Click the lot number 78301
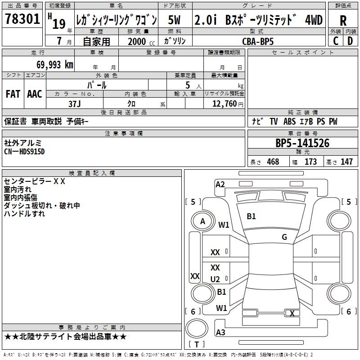pos(22,20)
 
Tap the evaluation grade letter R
pos(343,20)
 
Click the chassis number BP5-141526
pos(302,144)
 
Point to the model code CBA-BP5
pos(257,41)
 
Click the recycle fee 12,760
pos(224,103)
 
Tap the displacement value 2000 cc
pos(140,41)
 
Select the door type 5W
pos(175,20)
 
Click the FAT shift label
pos(13,94)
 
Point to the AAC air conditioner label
pos(35,94)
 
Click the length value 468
pos(273,162)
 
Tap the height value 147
pos(346,162)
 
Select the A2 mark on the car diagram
pos(220,184)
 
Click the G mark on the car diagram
pos(284,237)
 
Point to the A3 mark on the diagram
pos(220,333)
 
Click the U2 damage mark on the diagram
pos(215,279)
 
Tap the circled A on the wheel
pos(202,221)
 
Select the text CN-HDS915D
pos(24,151)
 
